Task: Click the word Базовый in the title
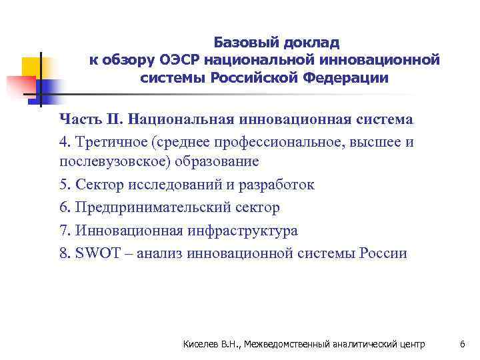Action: click(245, 43)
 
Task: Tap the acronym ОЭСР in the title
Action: click(181, 60)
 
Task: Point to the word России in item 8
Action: click(382, 253)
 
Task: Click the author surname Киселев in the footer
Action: click(201, 344)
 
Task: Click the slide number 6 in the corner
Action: click(462, 344)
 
